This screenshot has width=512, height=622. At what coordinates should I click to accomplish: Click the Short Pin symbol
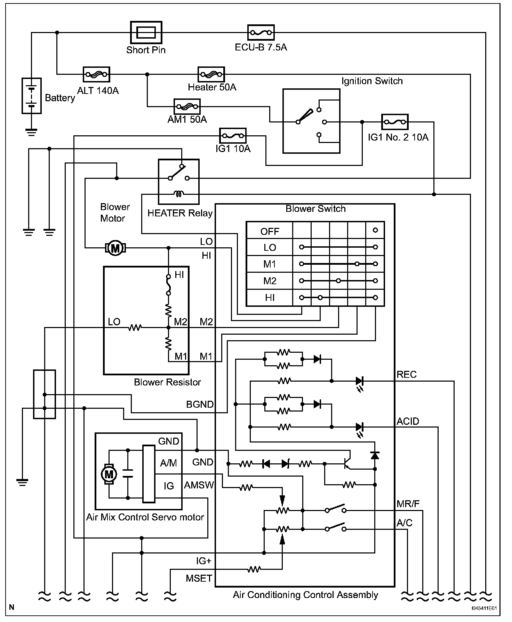[x=146, y=33]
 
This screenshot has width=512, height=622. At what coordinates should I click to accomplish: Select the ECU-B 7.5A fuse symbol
[x=261, y=33]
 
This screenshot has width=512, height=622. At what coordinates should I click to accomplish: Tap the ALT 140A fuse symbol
[x=97, y=74]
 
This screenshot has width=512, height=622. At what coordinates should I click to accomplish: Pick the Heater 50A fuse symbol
[x=211, y=74]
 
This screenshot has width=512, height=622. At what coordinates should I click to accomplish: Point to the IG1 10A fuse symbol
[x=233, y=136]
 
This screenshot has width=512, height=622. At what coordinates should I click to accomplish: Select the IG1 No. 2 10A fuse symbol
[x=394, y=122]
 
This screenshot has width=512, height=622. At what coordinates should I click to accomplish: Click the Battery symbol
[x=32, y=96]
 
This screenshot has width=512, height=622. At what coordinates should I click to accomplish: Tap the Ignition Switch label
[x=372, y=81]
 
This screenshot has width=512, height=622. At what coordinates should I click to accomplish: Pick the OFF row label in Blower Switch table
[x=270, y=231]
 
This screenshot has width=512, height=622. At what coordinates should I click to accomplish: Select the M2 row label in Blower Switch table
[x=270, y=281]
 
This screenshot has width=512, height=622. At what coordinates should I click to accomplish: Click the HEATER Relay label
[x=180, y=213]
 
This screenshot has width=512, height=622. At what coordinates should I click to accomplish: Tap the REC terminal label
[x=407, y=375]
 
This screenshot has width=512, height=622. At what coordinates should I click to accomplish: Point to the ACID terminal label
[x=408, y=421]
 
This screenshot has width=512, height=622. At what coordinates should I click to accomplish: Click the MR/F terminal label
[x=408, y=504]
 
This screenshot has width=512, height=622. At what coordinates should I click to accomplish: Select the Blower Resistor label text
[x=167, y=382]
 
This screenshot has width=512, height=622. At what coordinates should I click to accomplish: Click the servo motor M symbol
[x=109, y=474]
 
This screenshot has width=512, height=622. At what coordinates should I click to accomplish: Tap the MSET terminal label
[x=199, y=579]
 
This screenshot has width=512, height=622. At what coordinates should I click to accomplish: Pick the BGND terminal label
[x=200, y=404]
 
